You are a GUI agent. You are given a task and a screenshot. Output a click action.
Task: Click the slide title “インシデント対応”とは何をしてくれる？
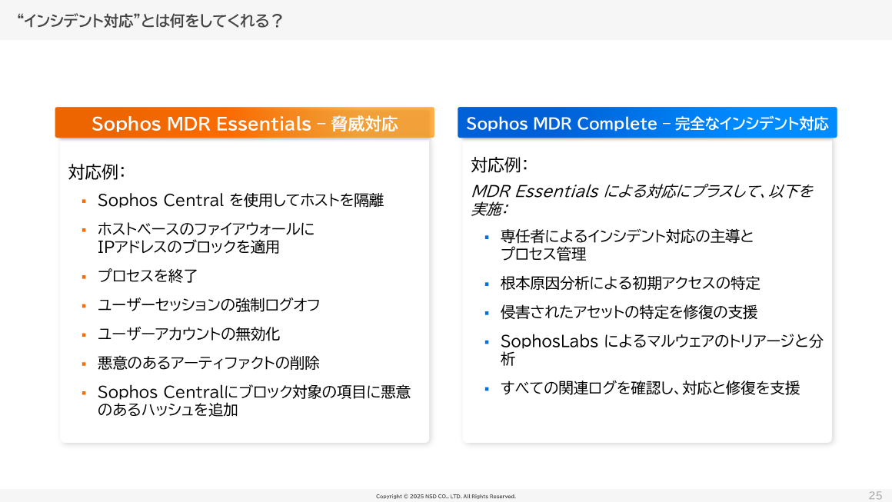point(149,21)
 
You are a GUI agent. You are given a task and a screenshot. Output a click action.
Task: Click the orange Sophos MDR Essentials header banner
point(245,123)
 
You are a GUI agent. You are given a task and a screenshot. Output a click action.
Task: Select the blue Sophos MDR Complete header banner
point(647,123)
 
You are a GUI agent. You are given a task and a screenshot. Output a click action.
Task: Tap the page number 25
point(875,495)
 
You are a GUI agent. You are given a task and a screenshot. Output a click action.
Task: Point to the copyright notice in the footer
point(446,497)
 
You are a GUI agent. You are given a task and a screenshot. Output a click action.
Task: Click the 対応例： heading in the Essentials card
point(96,171)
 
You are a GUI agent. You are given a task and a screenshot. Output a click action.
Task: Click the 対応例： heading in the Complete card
point(499,165)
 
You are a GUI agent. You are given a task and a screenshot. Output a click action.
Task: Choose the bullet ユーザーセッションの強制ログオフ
point(208,305)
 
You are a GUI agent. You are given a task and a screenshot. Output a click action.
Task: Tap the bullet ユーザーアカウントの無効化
point(188,334)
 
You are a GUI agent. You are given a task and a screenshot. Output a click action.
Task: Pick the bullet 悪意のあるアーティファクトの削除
point(208,363)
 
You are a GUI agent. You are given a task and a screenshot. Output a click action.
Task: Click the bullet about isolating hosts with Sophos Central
point(240,201)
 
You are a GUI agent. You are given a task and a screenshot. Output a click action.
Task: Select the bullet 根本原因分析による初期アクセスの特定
point(630,283)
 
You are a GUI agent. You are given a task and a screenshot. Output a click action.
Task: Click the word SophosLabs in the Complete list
point(549,341)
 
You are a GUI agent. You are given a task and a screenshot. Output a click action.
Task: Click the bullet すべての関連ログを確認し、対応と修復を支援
point(650,388)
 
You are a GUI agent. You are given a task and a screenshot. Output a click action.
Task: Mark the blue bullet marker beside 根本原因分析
point(487,284)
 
